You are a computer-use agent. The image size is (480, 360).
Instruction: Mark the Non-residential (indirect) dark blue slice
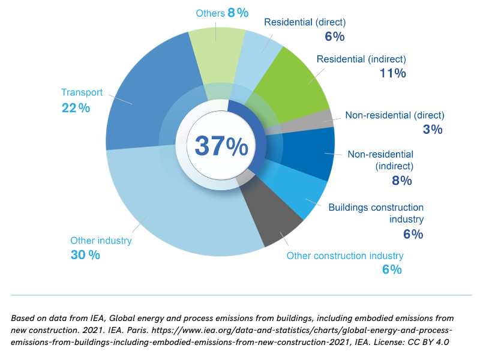[x=306, y=153]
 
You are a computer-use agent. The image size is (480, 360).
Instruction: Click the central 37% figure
[x=221, y=146]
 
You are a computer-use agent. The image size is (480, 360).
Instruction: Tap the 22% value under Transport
[x=76, y=108]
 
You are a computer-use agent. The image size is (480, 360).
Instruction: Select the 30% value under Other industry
[x=85, y=254]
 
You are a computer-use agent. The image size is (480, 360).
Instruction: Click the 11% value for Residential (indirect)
[x=392, y=73]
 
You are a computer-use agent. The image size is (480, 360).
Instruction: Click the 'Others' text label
[x=209, y=13]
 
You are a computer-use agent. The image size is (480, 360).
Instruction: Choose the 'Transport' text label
[x=82, y=93]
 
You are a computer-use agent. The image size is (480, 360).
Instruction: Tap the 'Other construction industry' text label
[x=345, y=256]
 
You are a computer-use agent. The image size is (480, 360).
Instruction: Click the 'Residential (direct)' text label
[x=305, y=23]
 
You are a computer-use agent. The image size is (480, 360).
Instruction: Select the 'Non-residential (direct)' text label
[x=394, y=115]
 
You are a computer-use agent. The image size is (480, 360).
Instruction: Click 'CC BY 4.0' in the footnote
[x=430, y=341]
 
